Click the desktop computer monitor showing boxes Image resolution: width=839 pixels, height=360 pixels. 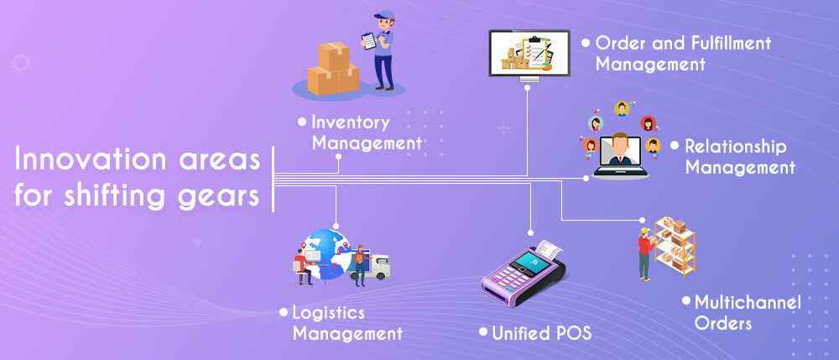529,52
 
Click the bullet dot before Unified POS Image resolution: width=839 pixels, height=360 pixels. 483,332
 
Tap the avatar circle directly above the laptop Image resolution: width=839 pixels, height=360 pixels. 622,108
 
